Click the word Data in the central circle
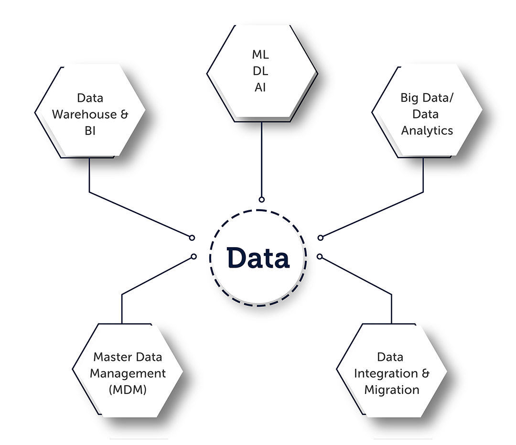pos(258,258)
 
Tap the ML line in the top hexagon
pos(260,54)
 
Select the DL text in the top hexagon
pos(260,71)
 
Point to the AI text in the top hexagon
pos(260,88)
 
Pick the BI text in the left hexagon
pos(90,130)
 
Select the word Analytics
pos(427,130)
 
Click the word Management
pos(128,373)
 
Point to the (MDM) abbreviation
pos(127,390)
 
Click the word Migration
pos(392,390)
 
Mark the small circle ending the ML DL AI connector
pos(261,199)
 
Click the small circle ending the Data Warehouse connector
pos(192,238)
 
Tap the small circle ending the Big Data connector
pos(321,238)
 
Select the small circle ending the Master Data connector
pos(193,257)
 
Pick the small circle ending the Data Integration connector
pos(320,257)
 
